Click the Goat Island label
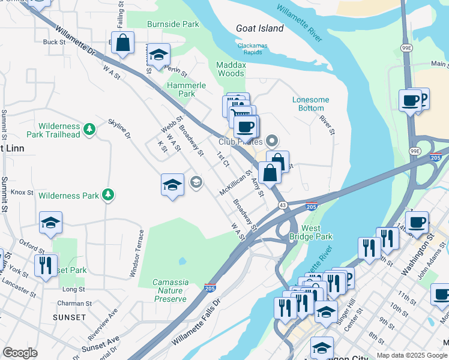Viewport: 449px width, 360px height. click(x=259, y=29)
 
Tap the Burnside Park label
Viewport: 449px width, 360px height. click(x=174, y=25)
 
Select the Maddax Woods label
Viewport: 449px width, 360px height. click(x=231, y=68)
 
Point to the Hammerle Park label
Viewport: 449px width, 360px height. click(x=187, y=89)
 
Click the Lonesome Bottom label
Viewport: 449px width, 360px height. click(x=311, y=104)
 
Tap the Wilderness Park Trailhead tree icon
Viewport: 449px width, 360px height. click(x=89, y=128)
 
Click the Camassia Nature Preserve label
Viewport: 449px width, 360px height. click(x=170, y=290)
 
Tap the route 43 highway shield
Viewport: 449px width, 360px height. click(x=282, y=206)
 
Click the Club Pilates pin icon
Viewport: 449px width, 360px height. click(x=272, y=142)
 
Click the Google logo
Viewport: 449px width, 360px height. click(x=19, y=353)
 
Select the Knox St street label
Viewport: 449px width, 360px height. click(x=22, y=193)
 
